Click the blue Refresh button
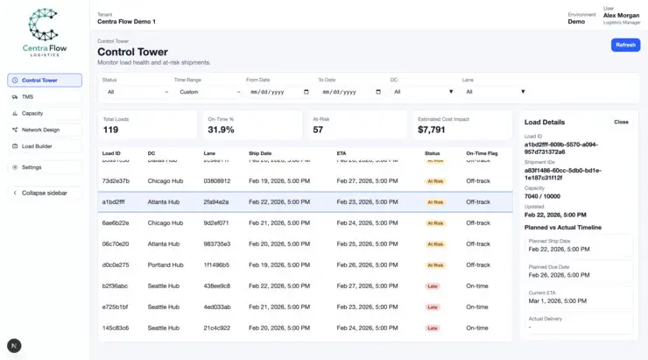[x=625, y=45]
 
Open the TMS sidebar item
[x=45, y=96]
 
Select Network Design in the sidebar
[x=45, y=130]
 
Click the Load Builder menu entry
[x=45, y=146]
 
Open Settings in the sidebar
[x=45, y=167]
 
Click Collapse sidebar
[x=45, y=193]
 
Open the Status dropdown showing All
[x=136, y=91]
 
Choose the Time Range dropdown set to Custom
[x=208, y=91]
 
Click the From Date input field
[x=278, y=91]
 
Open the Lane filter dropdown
[x=495, y=91]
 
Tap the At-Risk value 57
[x=318, y=130]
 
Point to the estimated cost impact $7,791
[x=431, y=130]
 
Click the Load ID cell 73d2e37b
[x=116, y=180]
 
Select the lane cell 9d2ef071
[x=216, y=222]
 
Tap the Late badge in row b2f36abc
[x=433, y=286]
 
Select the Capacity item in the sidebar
[x=45, y=113]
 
